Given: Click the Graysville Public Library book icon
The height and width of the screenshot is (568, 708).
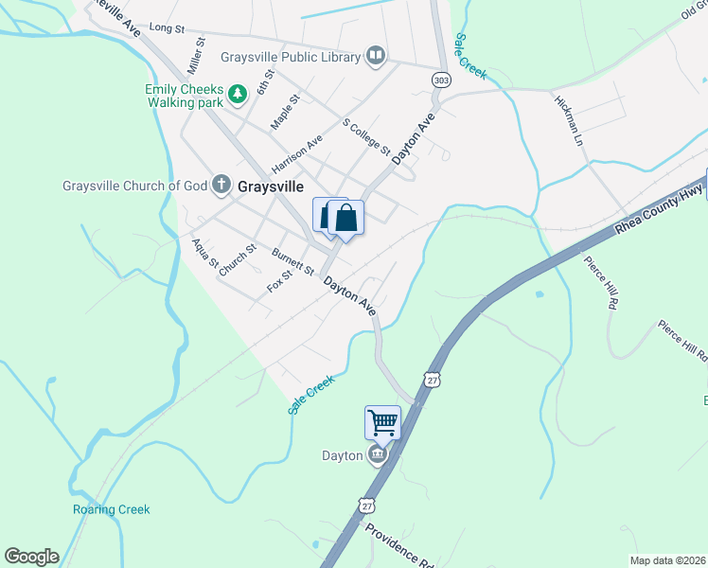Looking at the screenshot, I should pos(377,57).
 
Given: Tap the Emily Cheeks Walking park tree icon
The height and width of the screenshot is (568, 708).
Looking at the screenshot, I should pos(239,93).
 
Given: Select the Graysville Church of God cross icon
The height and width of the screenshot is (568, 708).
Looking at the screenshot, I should pos(221,185).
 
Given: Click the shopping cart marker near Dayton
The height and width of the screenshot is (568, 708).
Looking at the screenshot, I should pos(382,422).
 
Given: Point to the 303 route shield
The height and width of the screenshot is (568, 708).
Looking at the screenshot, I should pos(441,79).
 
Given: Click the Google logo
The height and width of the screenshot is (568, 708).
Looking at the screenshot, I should pos(31,557).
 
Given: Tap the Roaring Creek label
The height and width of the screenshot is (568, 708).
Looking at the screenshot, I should pos(112,509).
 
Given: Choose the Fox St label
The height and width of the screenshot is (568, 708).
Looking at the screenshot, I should pos(278,282).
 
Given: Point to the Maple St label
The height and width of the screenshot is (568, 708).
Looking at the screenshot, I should pos(285,112).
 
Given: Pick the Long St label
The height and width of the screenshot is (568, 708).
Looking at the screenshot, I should pos(166,29).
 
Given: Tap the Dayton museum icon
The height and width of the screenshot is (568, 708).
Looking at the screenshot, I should pos(378,456).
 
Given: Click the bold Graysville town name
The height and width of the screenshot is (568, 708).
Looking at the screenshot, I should pos(271,186).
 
